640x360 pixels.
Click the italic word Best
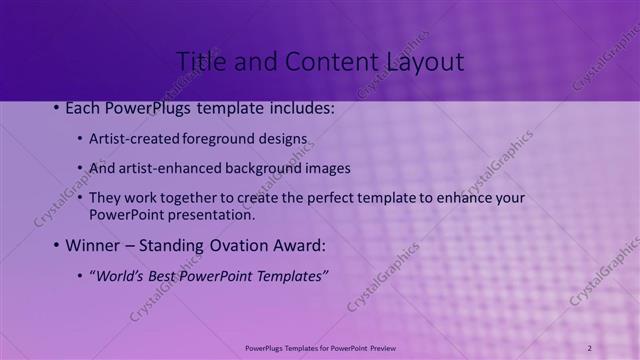(163, 275)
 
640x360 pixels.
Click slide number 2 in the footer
(590, 347)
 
